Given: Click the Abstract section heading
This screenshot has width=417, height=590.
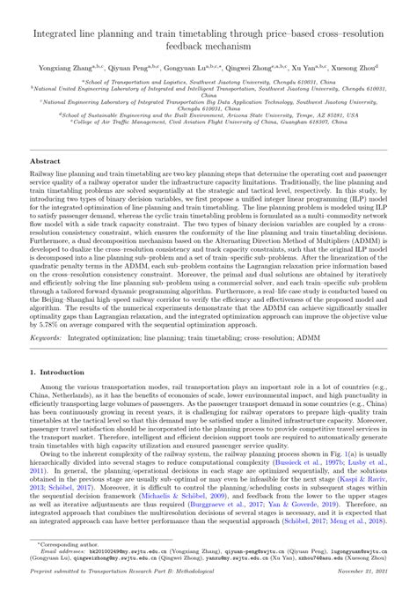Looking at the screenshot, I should click(x=44, y=163).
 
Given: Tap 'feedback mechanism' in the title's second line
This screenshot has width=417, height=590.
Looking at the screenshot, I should click(x=208, y=43).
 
